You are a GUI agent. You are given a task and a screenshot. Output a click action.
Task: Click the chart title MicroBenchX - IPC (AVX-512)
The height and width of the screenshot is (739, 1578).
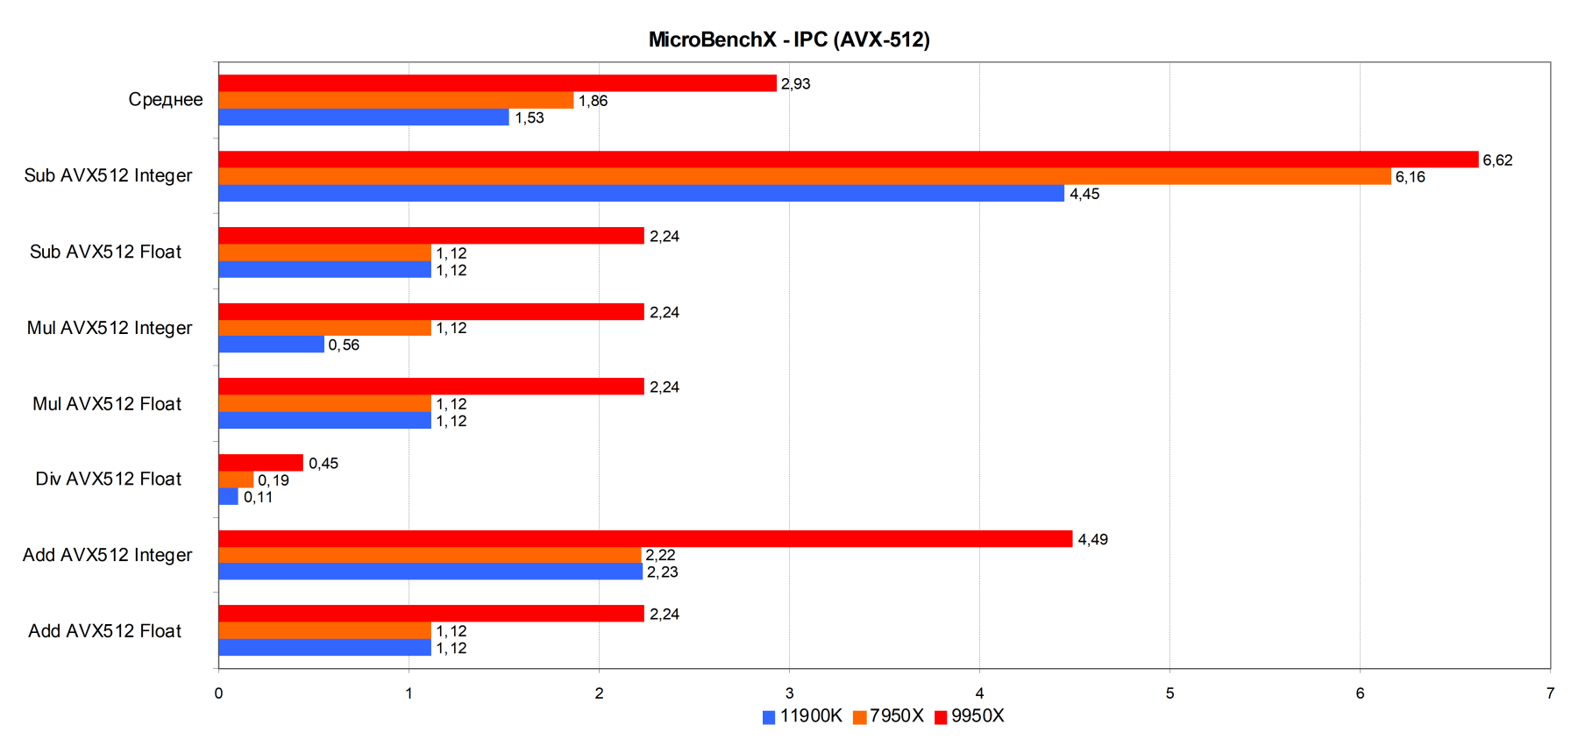click(788, 39)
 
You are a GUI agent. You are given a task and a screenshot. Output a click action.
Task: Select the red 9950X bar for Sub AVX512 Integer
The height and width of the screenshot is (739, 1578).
click(848, 160)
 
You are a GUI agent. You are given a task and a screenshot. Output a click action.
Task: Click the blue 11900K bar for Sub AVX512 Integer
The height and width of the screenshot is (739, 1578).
click(641, 194)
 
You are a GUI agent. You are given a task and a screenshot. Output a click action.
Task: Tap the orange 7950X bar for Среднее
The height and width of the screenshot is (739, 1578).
click(395, 101)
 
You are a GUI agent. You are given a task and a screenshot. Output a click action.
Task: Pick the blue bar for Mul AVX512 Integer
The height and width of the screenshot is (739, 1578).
click(271, 345)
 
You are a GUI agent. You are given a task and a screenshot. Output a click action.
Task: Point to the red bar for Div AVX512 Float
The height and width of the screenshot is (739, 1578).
click(260, 463)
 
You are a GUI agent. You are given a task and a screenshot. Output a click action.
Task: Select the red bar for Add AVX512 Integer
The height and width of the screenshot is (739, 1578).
click(645, 539)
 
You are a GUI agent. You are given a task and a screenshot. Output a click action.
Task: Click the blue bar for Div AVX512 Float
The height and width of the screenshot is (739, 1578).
click(228, 497)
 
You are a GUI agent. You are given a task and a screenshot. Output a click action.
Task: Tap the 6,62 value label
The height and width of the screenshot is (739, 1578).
click(1497, 160)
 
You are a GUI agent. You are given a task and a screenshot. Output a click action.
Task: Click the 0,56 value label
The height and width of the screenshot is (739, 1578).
click(344, 345)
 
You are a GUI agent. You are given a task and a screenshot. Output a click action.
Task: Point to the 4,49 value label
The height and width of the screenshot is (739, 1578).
click(1092, 540)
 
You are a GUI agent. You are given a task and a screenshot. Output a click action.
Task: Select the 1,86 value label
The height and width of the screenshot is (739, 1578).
click(593, 101)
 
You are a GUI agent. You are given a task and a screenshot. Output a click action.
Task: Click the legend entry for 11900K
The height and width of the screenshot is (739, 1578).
click(802, 716)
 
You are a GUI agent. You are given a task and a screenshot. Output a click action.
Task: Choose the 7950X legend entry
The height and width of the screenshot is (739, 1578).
click(888, 716)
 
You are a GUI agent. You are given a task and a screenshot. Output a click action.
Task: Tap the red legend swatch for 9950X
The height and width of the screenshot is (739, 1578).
click(941, 717)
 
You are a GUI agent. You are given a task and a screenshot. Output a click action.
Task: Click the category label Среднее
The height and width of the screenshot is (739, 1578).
click(166, 100)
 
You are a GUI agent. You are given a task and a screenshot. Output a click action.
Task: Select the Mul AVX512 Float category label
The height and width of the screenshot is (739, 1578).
click(107, 404)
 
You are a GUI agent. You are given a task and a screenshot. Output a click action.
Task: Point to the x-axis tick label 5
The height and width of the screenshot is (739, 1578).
click(1169, 693)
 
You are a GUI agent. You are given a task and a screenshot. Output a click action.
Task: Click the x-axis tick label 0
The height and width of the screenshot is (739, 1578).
click(218, 693)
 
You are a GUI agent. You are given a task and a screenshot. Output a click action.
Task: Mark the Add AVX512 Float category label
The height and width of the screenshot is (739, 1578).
click(104, 631)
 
